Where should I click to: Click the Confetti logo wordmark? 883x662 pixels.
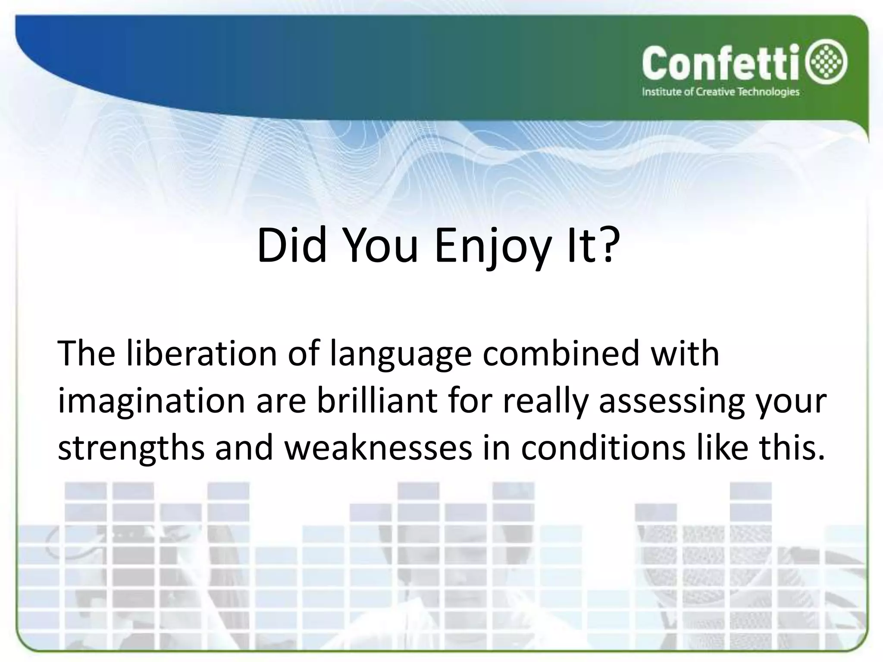coord(717,64)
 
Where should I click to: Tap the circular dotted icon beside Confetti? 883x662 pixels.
coord(829,64)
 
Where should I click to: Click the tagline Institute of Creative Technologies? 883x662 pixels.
coord(720,92)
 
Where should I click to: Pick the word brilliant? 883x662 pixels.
coord(377,401)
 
